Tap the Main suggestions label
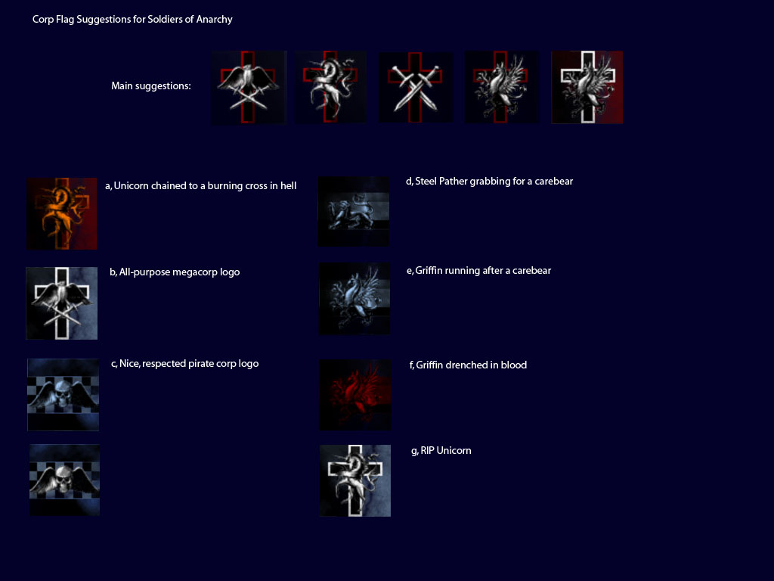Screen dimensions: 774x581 click(151, 86)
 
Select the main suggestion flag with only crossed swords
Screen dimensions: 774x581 click(415, 88)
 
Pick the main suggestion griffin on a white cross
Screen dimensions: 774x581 click(587, 87)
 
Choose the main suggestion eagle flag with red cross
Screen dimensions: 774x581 click(249, 88)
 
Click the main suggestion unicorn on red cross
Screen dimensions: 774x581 click(331, 87)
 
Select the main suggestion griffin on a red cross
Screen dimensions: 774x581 click(502, 87)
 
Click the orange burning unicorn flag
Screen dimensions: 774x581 click(62, 213)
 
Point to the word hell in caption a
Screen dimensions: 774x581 click(288, 186)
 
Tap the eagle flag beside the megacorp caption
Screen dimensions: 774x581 click(62, 303)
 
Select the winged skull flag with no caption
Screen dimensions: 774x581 click(65, 480)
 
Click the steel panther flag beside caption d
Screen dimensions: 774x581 click(354, 212)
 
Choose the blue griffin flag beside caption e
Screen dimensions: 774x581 click(354, 298)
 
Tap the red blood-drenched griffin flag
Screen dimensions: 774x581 click(355, 395)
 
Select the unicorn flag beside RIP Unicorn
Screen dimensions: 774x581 click(355, 480)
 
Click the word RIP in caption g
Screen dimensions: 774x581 click(427, 451)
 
